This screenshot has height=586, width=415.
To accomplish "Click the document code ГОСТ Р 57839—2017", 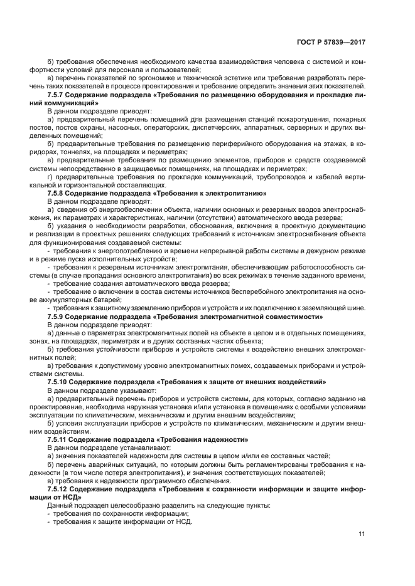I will [330, 42].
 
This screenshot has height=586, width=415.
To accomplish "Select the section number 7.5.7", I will [58, 95].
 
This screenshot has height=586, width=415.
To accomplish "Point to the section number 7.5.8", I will [58, 194].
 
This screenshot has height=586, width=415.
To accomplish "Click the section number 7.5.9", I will [58, 317].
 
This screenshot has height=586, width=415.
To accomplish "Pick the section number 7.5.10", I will [60, 381].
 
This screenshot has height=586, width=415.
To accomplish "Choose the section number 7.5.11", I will [60, 440].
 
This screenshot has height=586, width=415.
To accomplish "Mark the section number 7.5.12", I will [60, 489].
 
